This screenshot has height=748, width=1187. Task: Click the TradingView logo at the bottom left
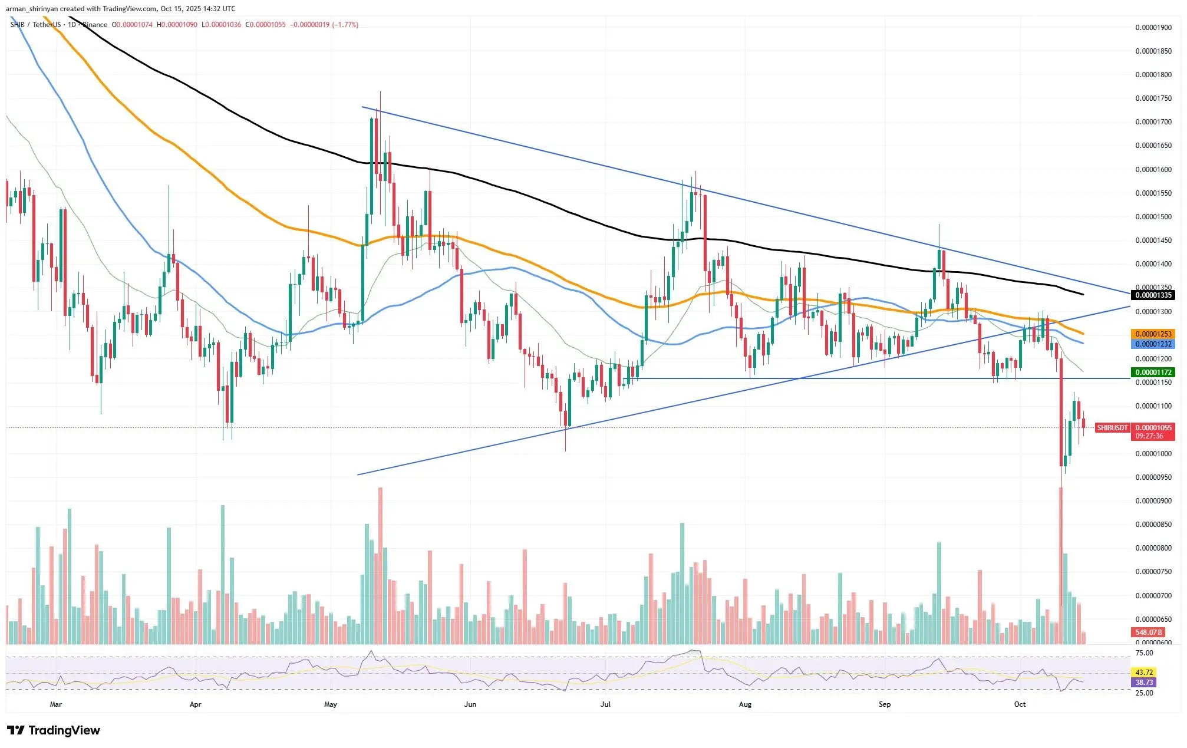tap(54, 730)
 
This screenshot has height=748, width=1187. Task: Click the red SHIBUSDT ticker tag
tap(1112, 428)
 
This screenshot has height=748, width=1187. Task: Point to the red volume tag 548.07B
tap(1148, 632)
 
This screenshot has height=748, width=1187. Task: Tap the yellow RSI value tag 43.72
tap(1144, 672)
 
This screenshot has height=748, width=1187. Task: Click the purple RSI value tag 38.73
tap(1144, 682)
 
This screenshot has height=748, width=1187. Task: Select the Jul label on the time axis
tap(605, 704)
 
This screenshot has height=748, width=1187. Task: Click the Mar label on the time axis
tap(56, 704)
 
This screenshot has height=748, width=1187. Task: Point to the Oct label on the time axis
tap(1020, 704)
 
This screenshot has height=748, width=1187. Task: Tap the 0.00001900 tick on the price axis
tap(1153, 28)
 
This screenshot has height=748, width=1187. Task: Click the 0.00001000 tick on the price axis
tap(1153, 454)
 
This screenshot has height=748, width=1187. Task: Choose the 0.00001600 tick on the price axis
tap(1153, 170)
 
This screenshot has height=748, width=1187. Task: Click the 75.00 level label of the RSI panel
tap(1145, 653)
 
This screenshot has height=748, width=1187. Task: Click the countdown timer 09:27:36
tap(1149, 436)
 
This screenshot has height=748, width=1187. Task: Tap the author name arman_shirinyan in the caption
tap(32, 9)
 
